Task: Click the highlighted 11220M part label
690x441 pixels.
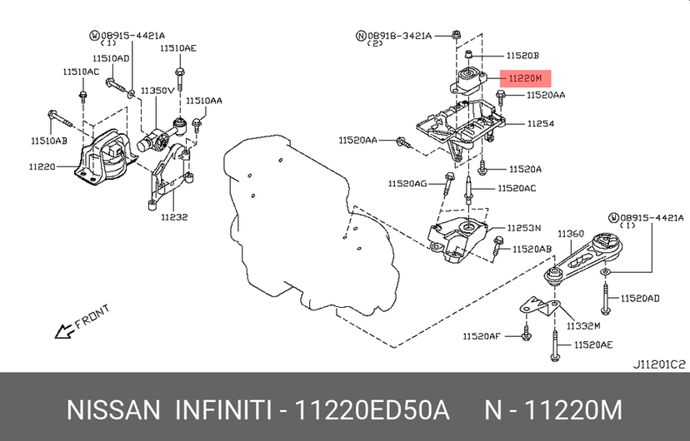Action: pyautogui.click(x=526, y=78)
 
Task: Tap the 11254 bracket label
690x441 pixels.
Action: pyautogui.click(x=540, y=124)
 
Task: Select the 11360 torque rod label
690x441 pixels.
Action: pyautogui.click(x=571, y=234)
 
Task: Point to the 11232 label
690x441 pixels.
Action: pyautogui.click(x=174, y=217)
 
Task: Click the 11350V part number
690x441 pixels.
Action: pyautogui.click(x=157, y=91)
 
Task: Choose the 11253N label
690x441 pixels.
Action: pyautogui.click(x=524, y=228)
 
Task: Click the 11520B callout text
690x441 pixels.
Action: pyautogui.click(x=522, y=56)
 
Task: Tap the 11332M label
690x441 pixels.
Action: pyautogui.click(x=583, y=326)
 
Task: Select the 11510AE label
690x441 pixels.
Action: pyautogui.click(x=177, y=48)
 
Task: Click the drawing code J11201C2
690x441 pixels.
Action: pyautogui.click(x=659, y=364)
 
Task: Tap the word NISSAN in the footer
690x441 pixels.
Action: pyautogui.click(x=113, y=411)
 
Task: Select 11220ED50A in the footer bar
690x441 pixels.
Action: pyautogui.click(x=372, y=411)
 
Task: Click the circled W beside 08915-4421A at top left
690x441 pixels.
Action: pyautogui.click(x=95, y=36)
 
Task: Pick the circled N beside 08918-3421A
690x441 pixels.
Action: pyautogui.click(x=361, y=36)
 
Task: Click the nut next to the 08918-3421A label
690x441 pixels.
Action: pyautogui.click(x=456, y=34)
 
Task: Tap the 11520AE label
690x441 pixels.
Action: pyautogui.click(x=593, y=345)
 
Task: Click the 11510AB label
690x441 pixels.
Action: pyautogui.click(x=49, y=141)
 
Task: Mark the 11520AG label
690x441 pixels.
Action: pyautogui.click(x=407, y=184)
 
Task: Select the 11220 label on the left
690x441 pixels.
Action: pyautogui.click(x=42, y=167)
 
